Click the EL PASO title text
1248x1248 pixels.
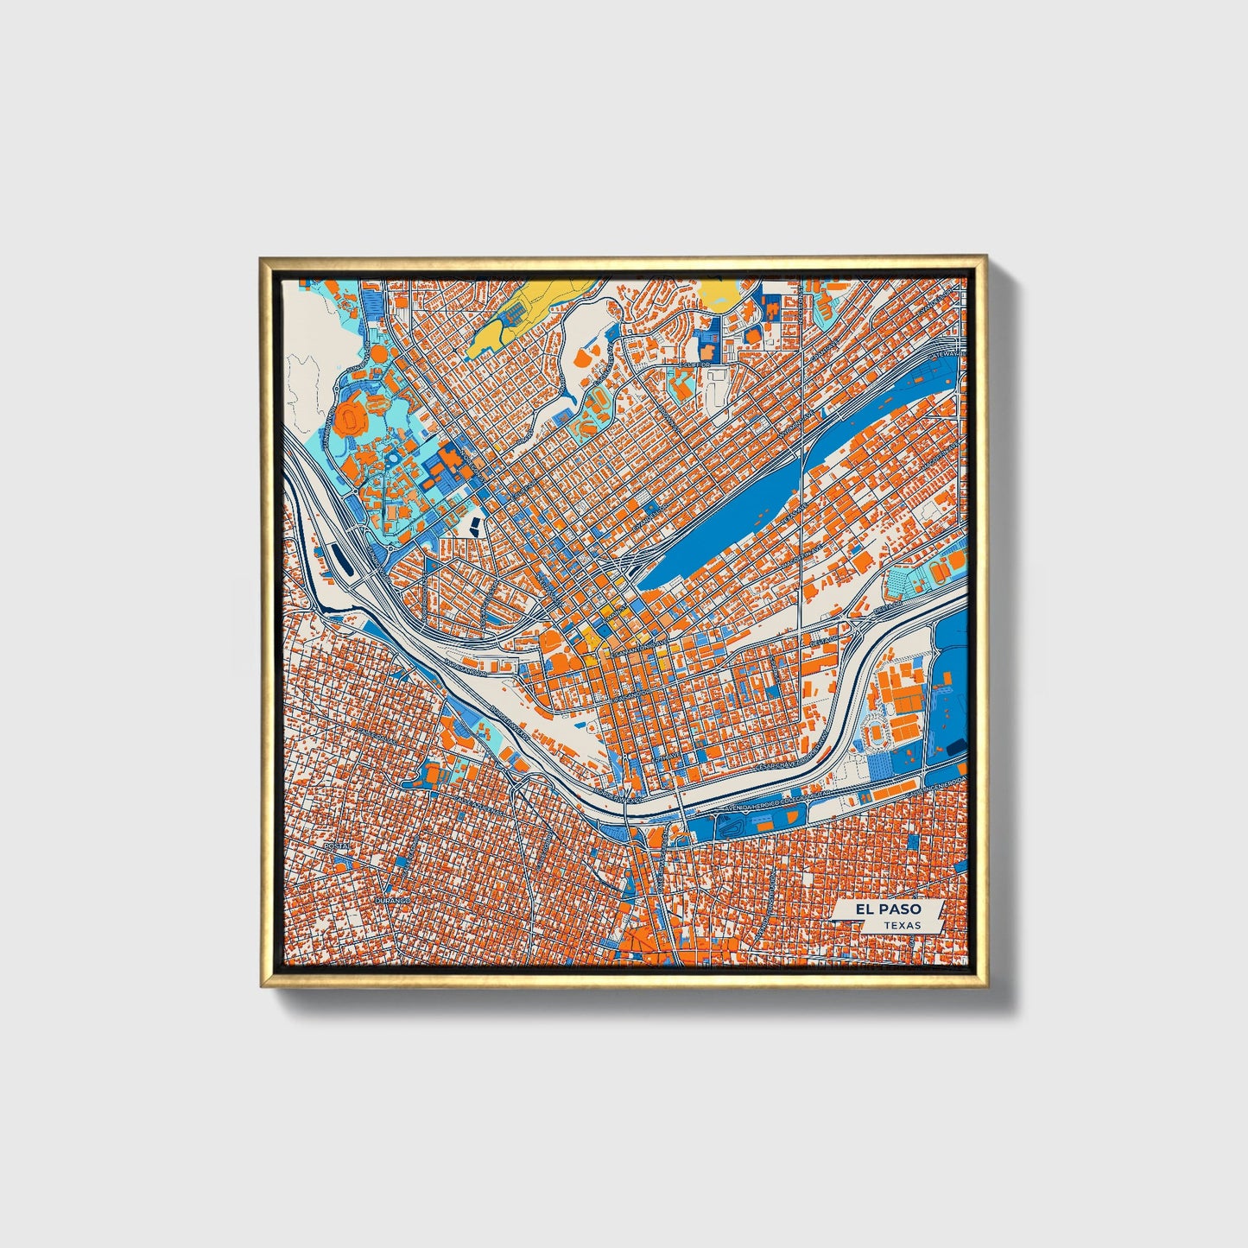click(x=888, y=909)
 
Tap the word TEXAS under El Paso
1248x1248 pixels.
click(x=901, y=925)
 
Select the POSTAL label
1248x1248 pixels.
click(x=336, y=846)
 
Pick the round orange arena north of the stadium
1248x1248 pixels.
click(x=377, y=353)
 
